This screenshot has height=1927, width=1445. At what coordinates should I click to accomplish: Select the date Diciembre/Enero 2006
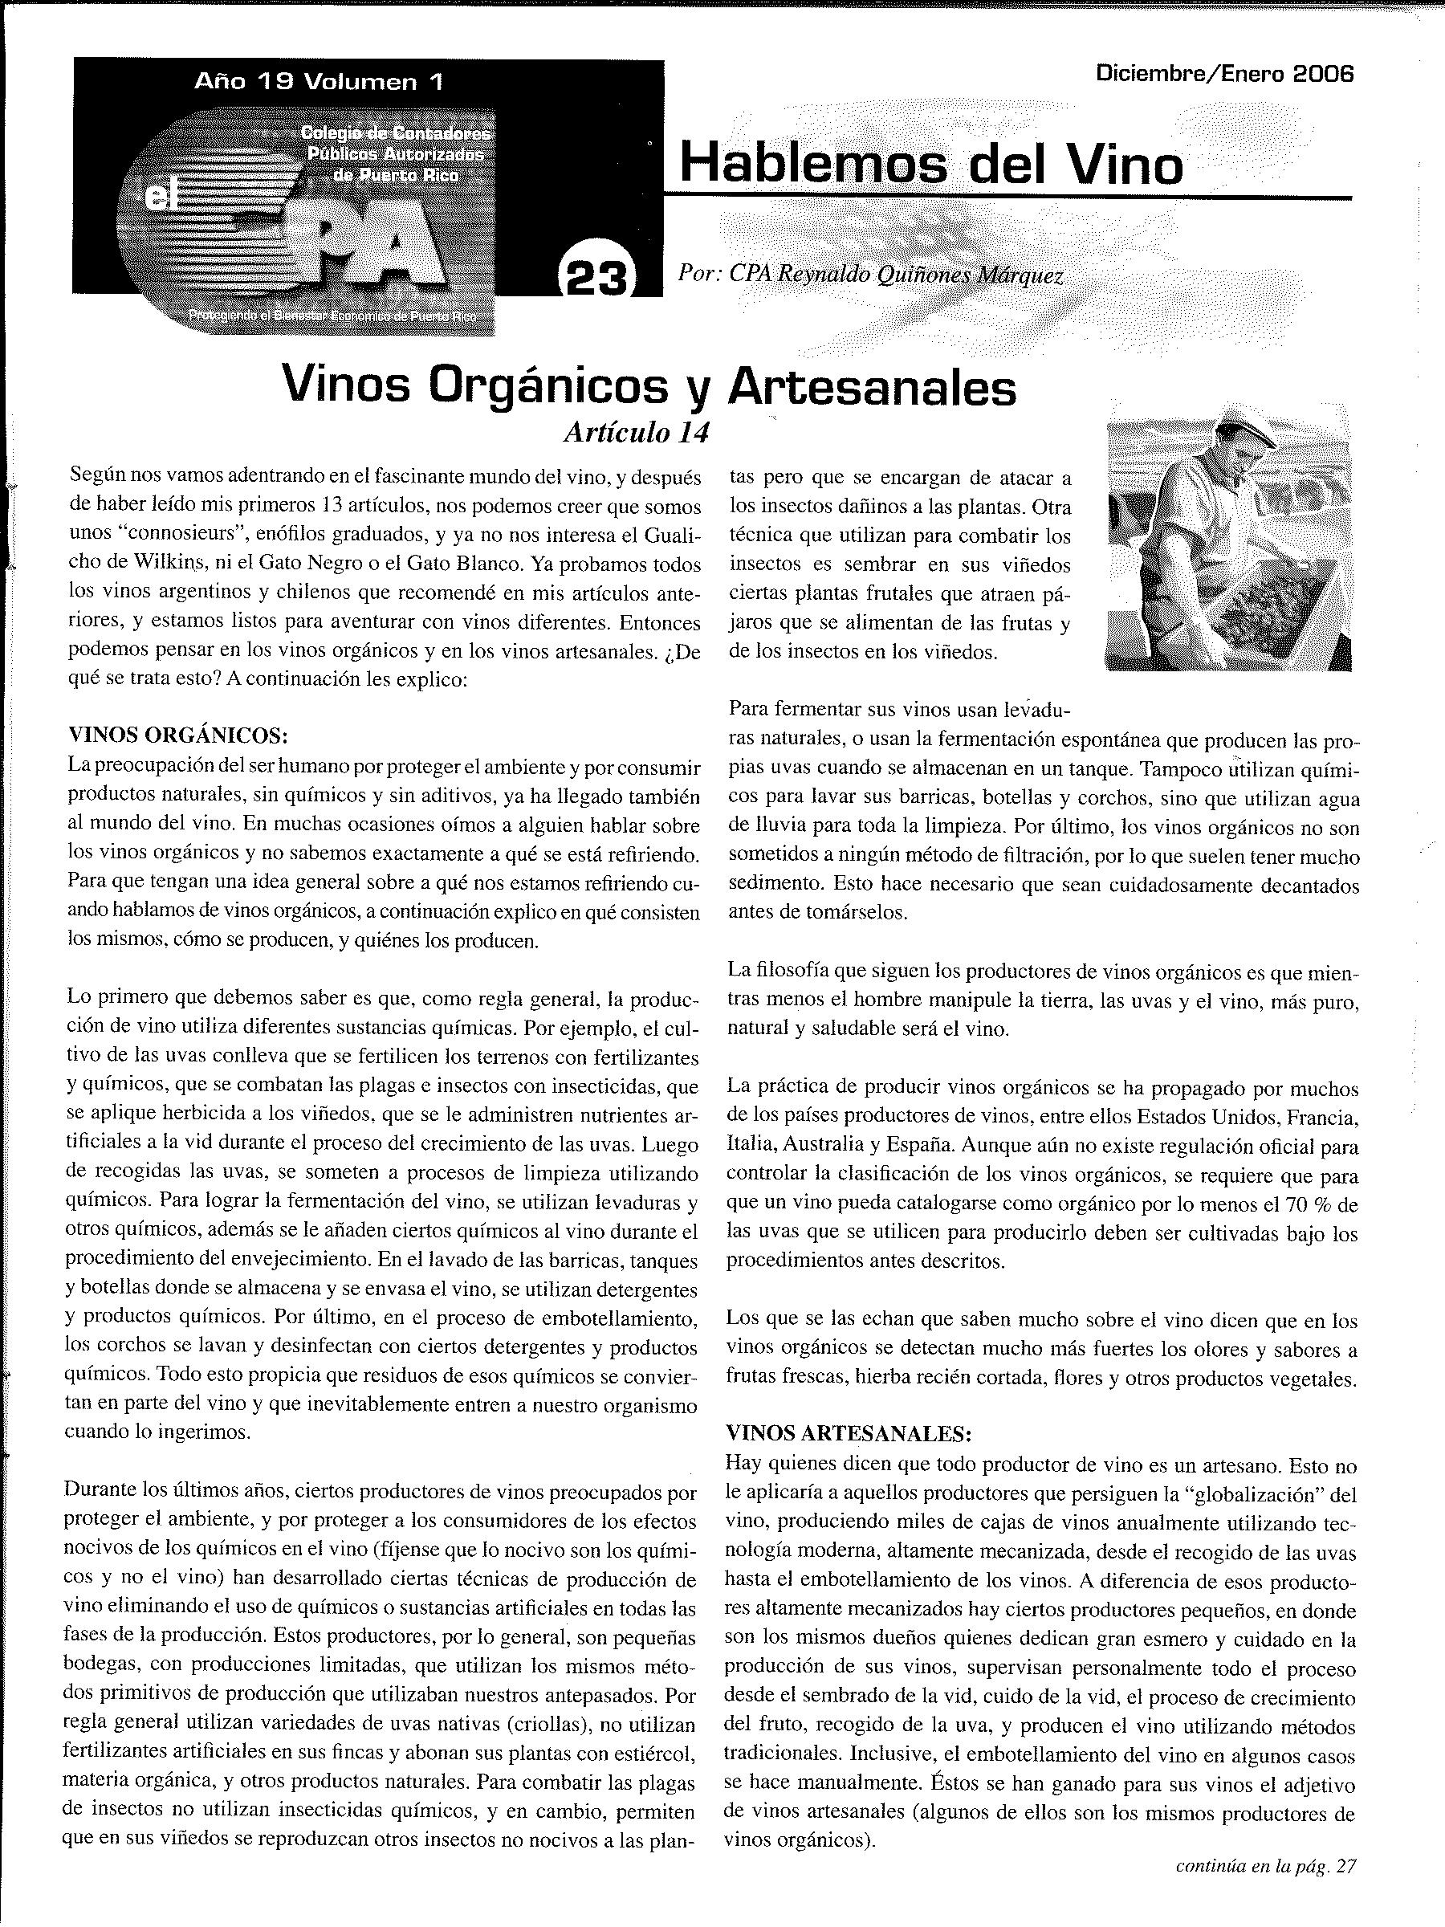tap(1226, 74)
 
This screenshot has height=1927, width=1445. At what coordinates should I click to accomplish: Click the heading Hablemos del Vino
tap(931, 164)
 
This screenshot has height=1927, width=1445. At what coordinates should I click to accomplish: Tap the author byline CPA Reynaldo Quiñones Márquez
tap(871, 275)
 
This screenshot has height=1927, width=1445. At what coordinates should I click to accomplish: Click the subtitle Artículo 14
tap(637, 432)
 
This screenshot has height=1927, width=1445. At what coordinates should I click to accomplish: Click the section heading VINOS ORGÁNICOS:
tap(178, 735)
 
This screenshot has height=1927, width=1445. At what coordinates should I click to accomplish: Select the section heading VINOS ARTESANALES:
tap(849, 1433)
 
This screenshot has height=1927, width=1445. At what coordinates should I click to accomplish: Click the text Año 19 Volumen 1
tap(319, 82)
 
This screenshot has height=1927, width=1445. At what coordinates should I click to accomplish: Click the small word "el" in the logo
tap(157, 198)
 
